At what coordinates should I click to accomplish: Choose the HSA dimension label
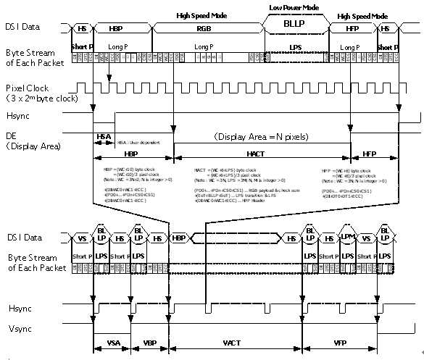(104, 138)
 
